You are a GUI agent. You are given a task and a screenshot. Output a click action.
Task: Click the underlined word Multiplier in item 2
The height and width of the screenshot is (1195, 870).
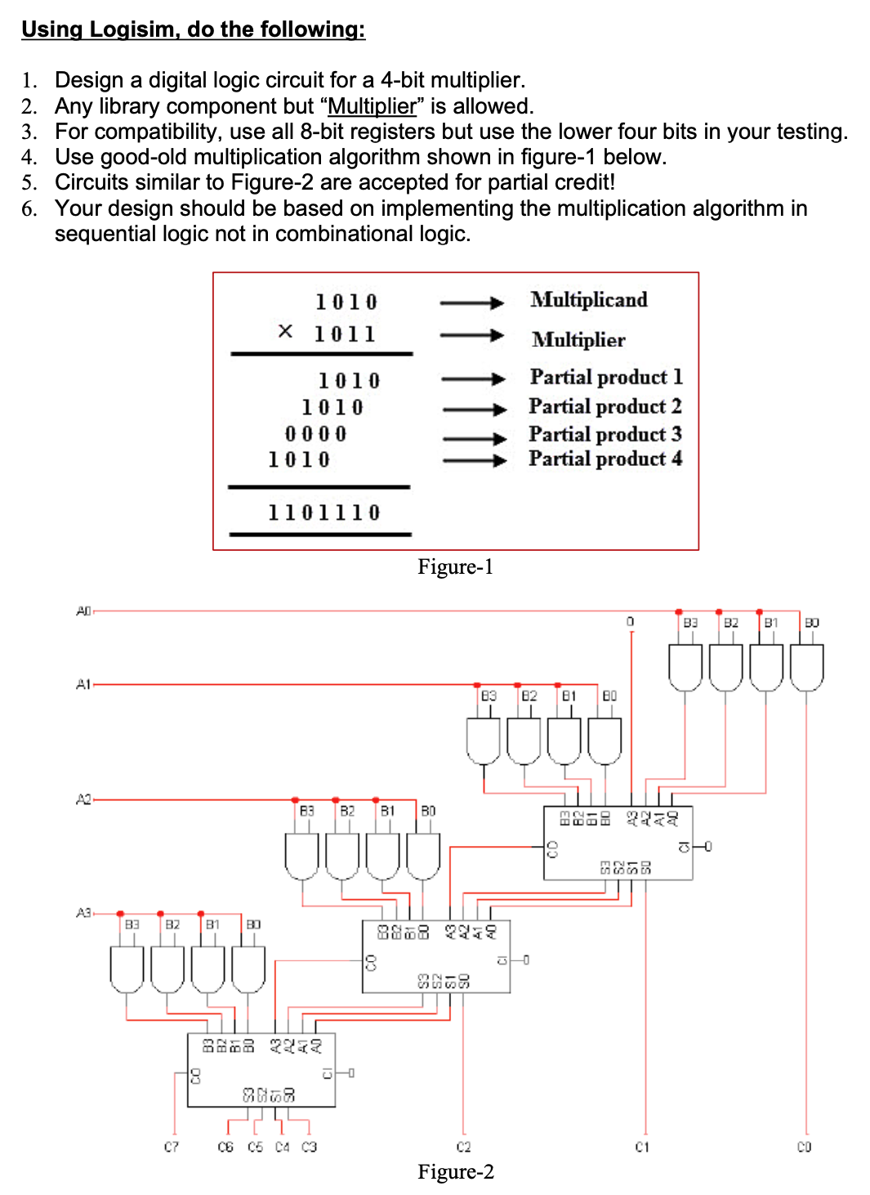(372, 106)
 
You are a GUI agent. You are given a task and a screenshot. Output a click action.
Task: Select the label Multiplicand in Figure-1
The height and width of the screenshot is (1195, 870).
(588, 300)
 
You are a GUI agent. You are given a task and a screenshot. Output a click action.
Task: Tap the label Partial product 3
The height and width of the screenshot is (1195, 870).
(605, 434)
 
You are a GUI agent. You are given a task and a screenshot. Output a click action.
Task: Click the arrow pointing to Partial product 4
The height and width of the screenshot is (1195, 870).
(475, 460)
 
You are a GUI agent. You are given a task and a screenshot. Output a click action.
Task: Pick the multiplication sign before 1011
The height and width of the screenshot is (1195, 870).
(285, 331)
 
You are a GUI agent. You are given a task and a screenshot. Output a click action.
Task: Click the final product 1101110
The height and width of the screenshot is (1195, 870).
(323, 512)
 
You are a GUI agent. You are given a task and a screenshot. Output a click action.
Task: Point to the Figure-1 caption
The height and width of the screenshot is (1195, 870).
(455, 567)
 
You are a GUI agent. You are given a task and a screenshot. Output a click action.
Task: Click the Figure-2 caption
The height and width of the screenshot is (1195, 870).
(455, 1172)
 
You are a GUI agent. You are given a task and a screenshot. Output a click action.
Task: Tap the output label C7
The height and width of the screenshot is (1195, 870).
(171, 1147)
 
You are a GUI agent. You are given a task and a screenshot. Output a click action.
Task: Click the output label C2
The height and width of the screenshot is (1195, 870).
(463, 1147)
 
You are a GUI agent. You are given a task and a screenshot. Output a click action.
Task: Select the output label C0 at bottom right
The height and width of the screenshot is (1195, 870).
(805, 1147)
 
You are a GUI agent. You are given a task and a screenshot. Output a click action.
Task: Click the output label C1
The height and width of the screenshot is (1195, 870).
(643, 1147)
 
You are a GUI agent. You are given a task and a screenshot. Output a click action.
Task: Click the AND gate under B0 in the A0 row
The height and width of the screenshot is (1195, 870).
(806, 666)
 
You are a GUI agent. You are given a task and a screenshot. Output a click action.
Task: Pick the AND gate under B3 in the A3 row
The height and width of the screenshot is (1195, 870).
(127, 969)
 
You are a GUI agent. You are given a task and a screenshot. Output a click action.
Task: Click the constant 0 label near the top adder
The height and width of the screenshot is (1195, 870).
(630, 622)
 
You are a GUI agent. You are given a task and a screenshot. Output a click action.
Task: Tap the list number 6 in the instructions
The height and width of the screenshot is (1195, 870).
(29, 208)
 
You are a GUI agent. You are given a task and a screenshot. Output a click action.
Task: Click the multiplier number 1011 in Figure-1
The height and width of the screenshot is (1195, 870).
(345, 333)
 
